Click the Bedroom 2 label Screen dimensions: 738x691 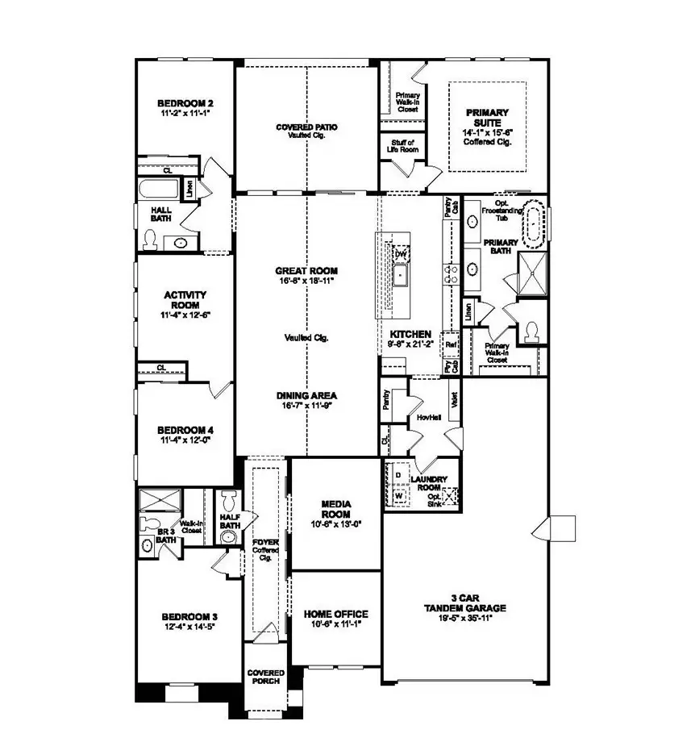185,103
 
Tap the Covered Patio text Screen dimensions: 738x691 306,127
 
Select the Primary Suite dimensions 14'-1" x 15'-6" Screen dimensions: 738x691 487,132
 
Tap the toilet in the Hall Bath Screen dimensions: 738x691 150,240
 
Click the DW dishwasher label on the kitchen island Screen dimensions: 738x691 400,254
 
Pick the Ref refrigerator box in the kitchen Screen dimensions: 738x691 451,344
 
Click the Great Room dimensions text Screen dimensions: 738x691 306,281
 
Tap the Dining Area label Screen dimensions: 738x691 306,395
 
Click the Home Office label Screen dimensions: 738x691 335,614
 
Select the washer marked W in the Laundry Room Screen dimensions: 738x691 398,495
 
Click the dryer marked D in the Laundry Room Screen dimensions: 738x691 398,476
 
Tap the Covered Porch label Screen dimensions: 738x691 264,677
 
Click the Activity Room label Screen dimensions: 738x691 185,300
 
